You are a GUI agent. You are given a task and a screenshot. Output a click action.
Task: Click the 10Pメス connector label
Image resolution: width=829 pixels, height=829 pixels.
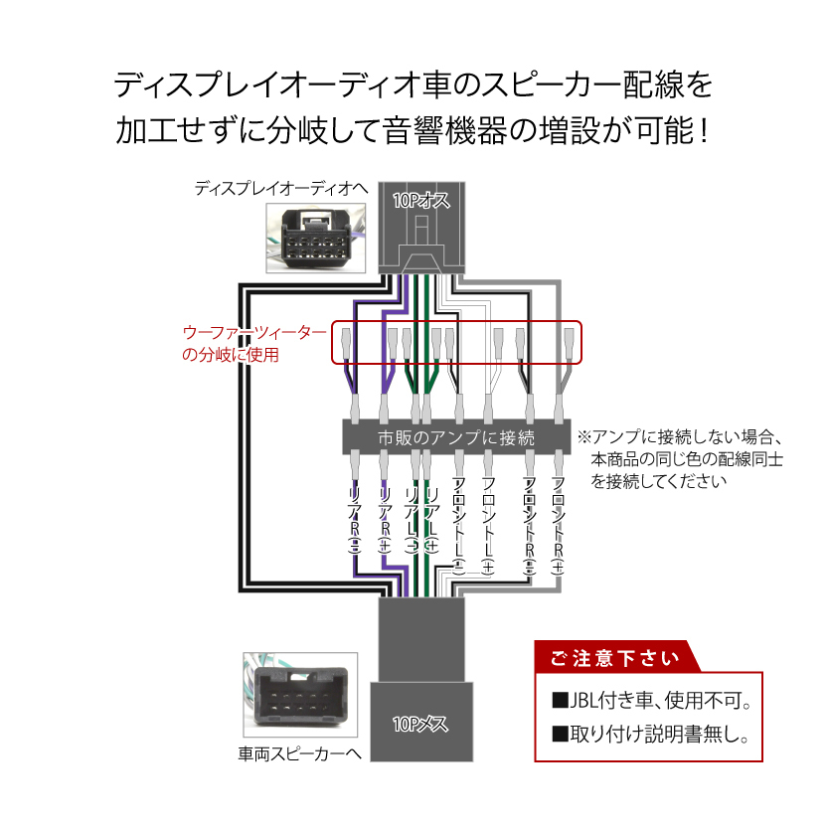(x=419, y=724)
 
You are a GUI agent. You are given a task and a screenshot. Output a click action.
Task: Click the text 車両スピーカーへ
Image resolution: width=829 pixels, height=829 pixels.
(x=298, y=754)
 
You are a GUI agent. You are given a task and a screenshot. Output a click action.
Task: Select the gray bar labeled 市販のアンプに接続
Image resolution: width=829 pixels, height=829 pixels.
(x=457, y=437)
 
